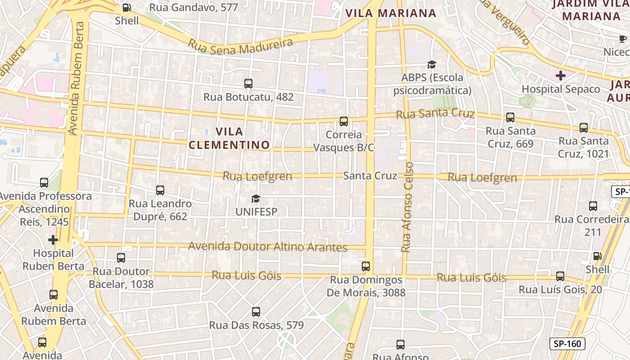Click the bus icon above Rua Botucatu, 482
(248, 83)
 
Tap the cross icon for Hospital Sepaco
(560, 76)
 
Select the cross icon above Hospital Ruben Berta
(53, 239)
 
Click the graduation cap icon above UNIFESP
(256, 198)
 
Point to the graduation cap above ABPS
(432, 65)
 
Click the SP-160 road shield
(567, 344)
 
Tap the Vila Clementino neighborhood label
(229, 138)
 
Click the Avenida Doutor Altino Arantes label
(267, 247)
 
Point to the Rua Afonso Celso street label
(407, 207)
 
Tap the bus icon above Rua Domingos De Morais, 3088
(366, 266)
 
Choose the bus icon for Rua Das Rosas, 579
(256, 311)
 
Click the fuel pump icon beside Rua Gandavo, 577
(127, 8)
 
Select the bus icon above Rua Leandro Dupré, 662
(160, 190)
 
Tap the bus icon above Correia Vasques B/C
(344, 121)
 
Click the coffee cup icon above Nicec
(623, 40)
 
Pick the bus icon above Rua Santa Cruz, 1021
(584, 127)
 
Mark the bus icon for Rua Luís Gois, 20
(560, 276)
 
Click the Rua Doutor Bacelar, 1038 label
(121, 278)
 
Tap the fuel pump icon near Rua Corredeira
(597, 256)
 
